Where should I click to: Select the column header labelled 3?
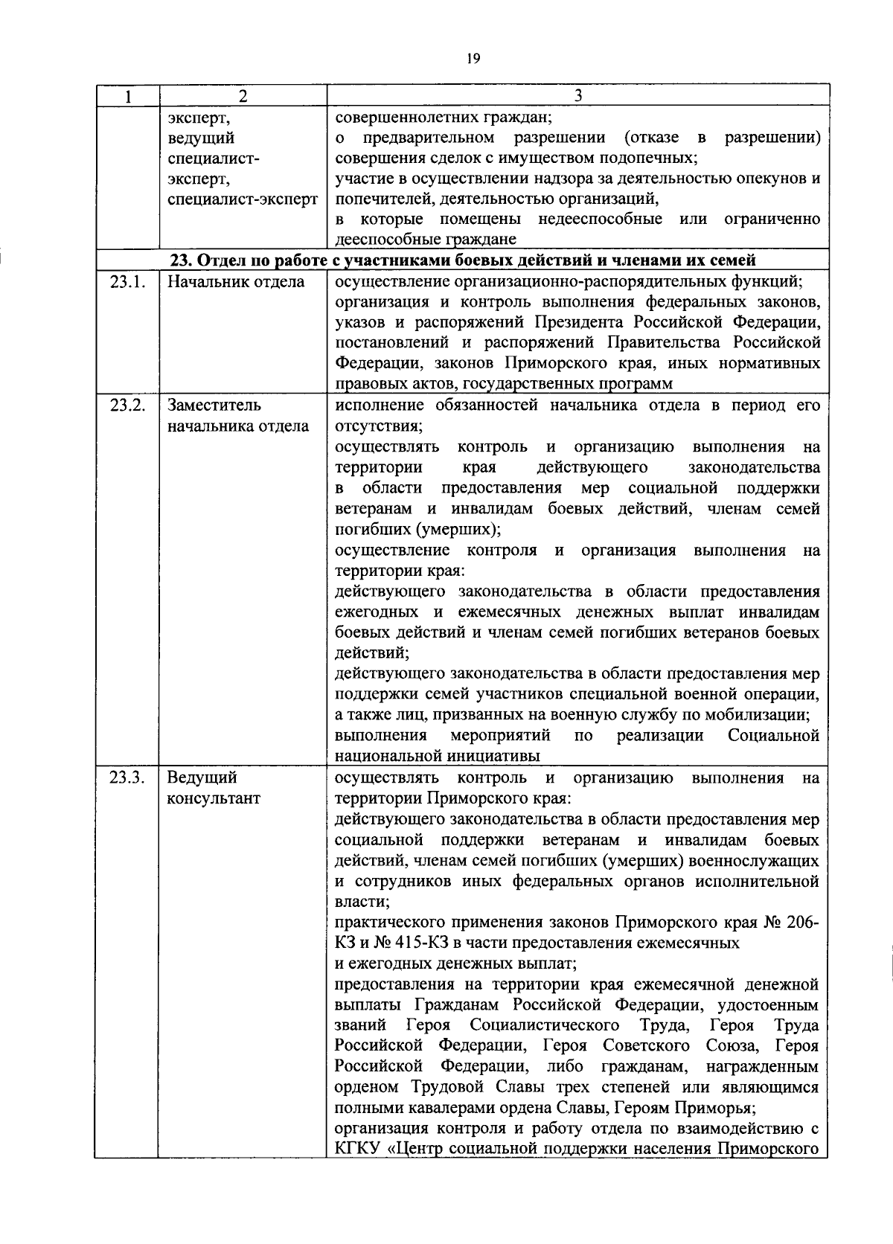[x=578, y=96]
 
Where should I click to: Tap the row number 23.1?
[x=127, y=282]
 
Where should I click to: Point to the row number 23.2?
[x=127, y=405]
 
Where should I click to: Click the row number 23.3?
[x=127, y=778]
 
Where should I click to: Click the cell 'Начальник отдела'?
[x=236, y=282]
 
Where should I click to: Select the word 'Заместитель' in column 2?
[x=214, y=405]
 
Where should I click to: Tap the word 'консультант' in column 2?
[x=214, y=799]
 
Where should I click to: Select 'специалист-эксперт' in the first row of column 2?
[x=243, y=199]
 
